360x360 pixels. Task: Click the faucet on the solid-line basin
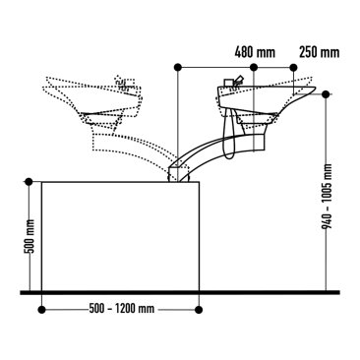(234, 83)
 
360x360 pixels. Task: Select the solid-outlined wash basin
(261, 98)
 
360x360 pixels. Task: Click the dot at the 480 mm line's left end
(178, 67)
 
